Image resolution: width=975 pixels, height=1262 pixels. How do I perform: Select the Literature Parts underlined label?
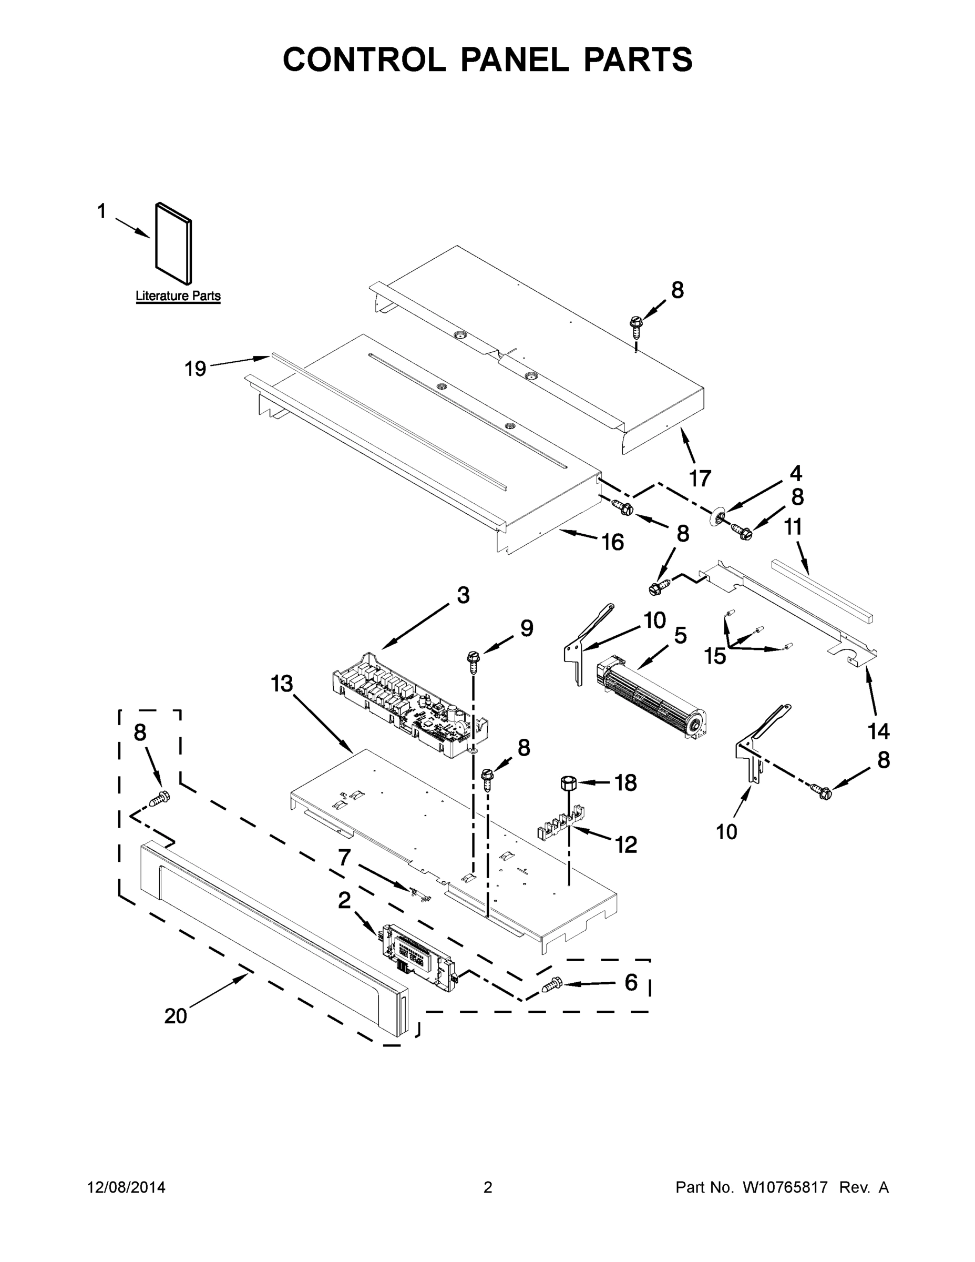tap(178, 297)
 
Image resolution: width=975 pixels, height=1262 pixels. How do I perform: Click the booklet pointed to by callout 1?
tap(174, 244)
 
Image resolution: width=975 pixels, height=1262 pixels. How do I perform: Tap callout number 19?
tap(195, 369)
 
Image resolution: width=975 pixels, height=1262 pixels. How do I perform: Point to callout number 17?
tap(700, 479)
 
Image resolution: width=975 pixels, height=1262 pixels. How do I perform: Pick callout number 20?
tap(176, 1016)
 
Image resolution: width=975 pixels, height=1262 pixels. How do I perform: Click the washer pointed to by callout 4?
tap(717, 515)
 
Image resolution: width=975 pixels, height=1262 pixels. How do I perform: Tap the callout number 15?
tap(714, 656)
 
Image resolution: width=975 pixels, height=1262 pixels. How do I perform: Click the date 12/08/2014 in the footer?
tap(126, 1188)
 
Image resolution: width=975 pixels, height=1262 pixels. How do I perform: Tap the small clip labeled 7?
tap(420, 893)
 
